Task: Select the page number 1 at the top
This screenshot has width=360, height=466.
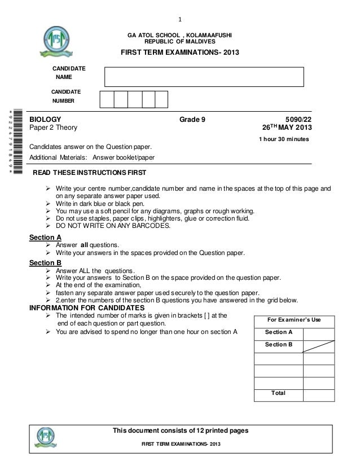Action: coord(179,7)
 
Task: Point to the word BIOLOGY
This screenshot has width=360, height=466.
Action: coord(45,120)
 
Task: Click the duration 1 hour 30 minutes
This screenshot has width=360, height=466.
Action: coord(283,139)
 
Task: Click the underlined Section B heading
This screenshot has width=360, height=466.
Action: coord(45,262)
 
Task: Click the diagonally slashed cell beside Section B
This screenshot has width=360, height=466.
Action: coord(326,345)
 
